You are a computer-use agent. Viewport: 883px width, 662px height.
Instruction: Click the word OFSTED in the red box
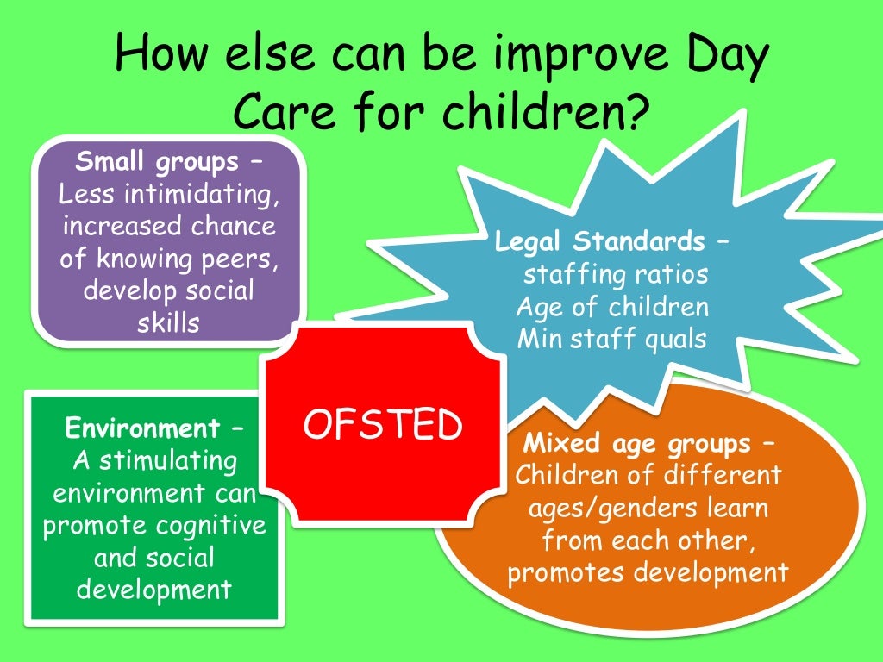click(383, 424)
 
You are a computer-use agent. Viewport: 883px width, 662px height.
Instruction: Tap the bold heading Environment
click(142, 428)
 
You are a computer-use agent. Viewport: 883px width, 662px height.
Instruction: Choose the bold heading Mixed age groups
click(637, 444)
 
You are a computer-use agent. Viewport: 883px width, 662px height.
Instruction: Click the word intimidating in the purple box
click(201, 194)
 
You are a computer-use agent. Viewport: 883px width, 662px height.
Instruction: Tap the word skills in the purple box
click(168, 323)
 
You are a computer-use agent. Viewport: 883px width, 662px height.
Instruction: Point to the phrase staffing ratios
click(615, 274)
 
